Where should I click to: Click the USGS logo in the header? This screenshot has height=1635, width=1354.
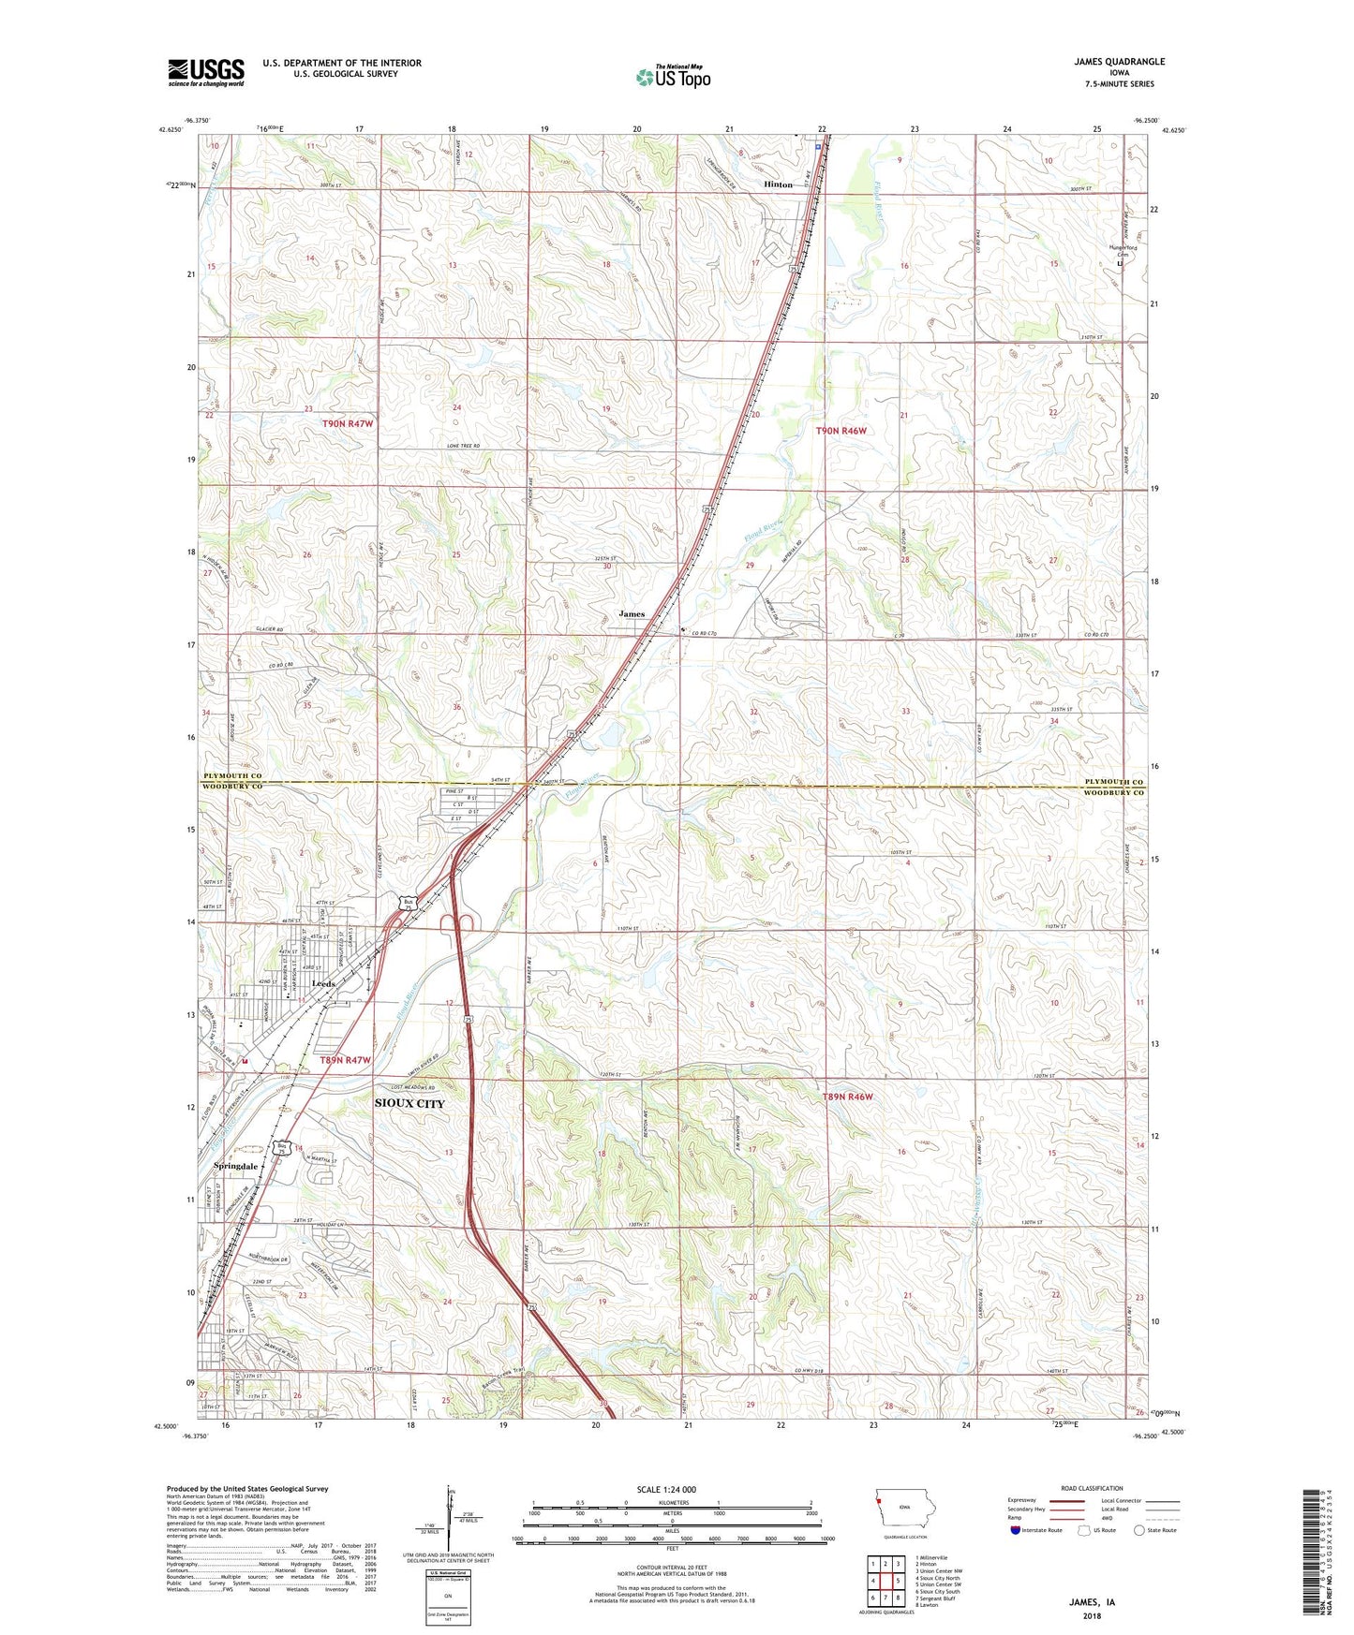206,72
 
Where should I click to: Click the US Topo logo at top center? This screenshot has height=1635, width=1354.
673,76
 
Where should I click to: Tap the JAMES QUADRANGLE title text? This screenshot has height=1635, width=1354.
1119,62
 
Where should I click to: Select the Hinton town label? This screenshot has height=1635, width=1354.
778,184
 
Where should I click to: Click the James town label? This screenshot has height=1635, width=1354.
632,614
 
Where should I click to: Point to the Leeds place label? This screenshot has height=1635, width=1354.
323,984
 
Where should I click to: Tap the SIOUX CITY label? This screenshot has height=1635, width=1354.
409,1103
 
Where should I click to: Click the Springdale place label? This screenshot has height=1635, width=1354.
235,1167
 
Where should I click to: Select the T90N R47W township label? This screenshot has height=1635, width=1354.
348,423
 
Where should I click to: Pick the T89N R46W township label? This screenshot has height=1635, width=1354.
847,1097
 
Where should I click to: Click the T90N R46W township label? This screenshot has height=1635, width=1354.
841,431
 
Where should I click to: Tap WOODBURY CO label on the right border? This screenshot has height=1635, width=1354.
1114,793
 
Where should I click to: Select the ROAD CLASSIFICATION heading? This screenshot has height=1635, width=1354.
1092,1488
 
